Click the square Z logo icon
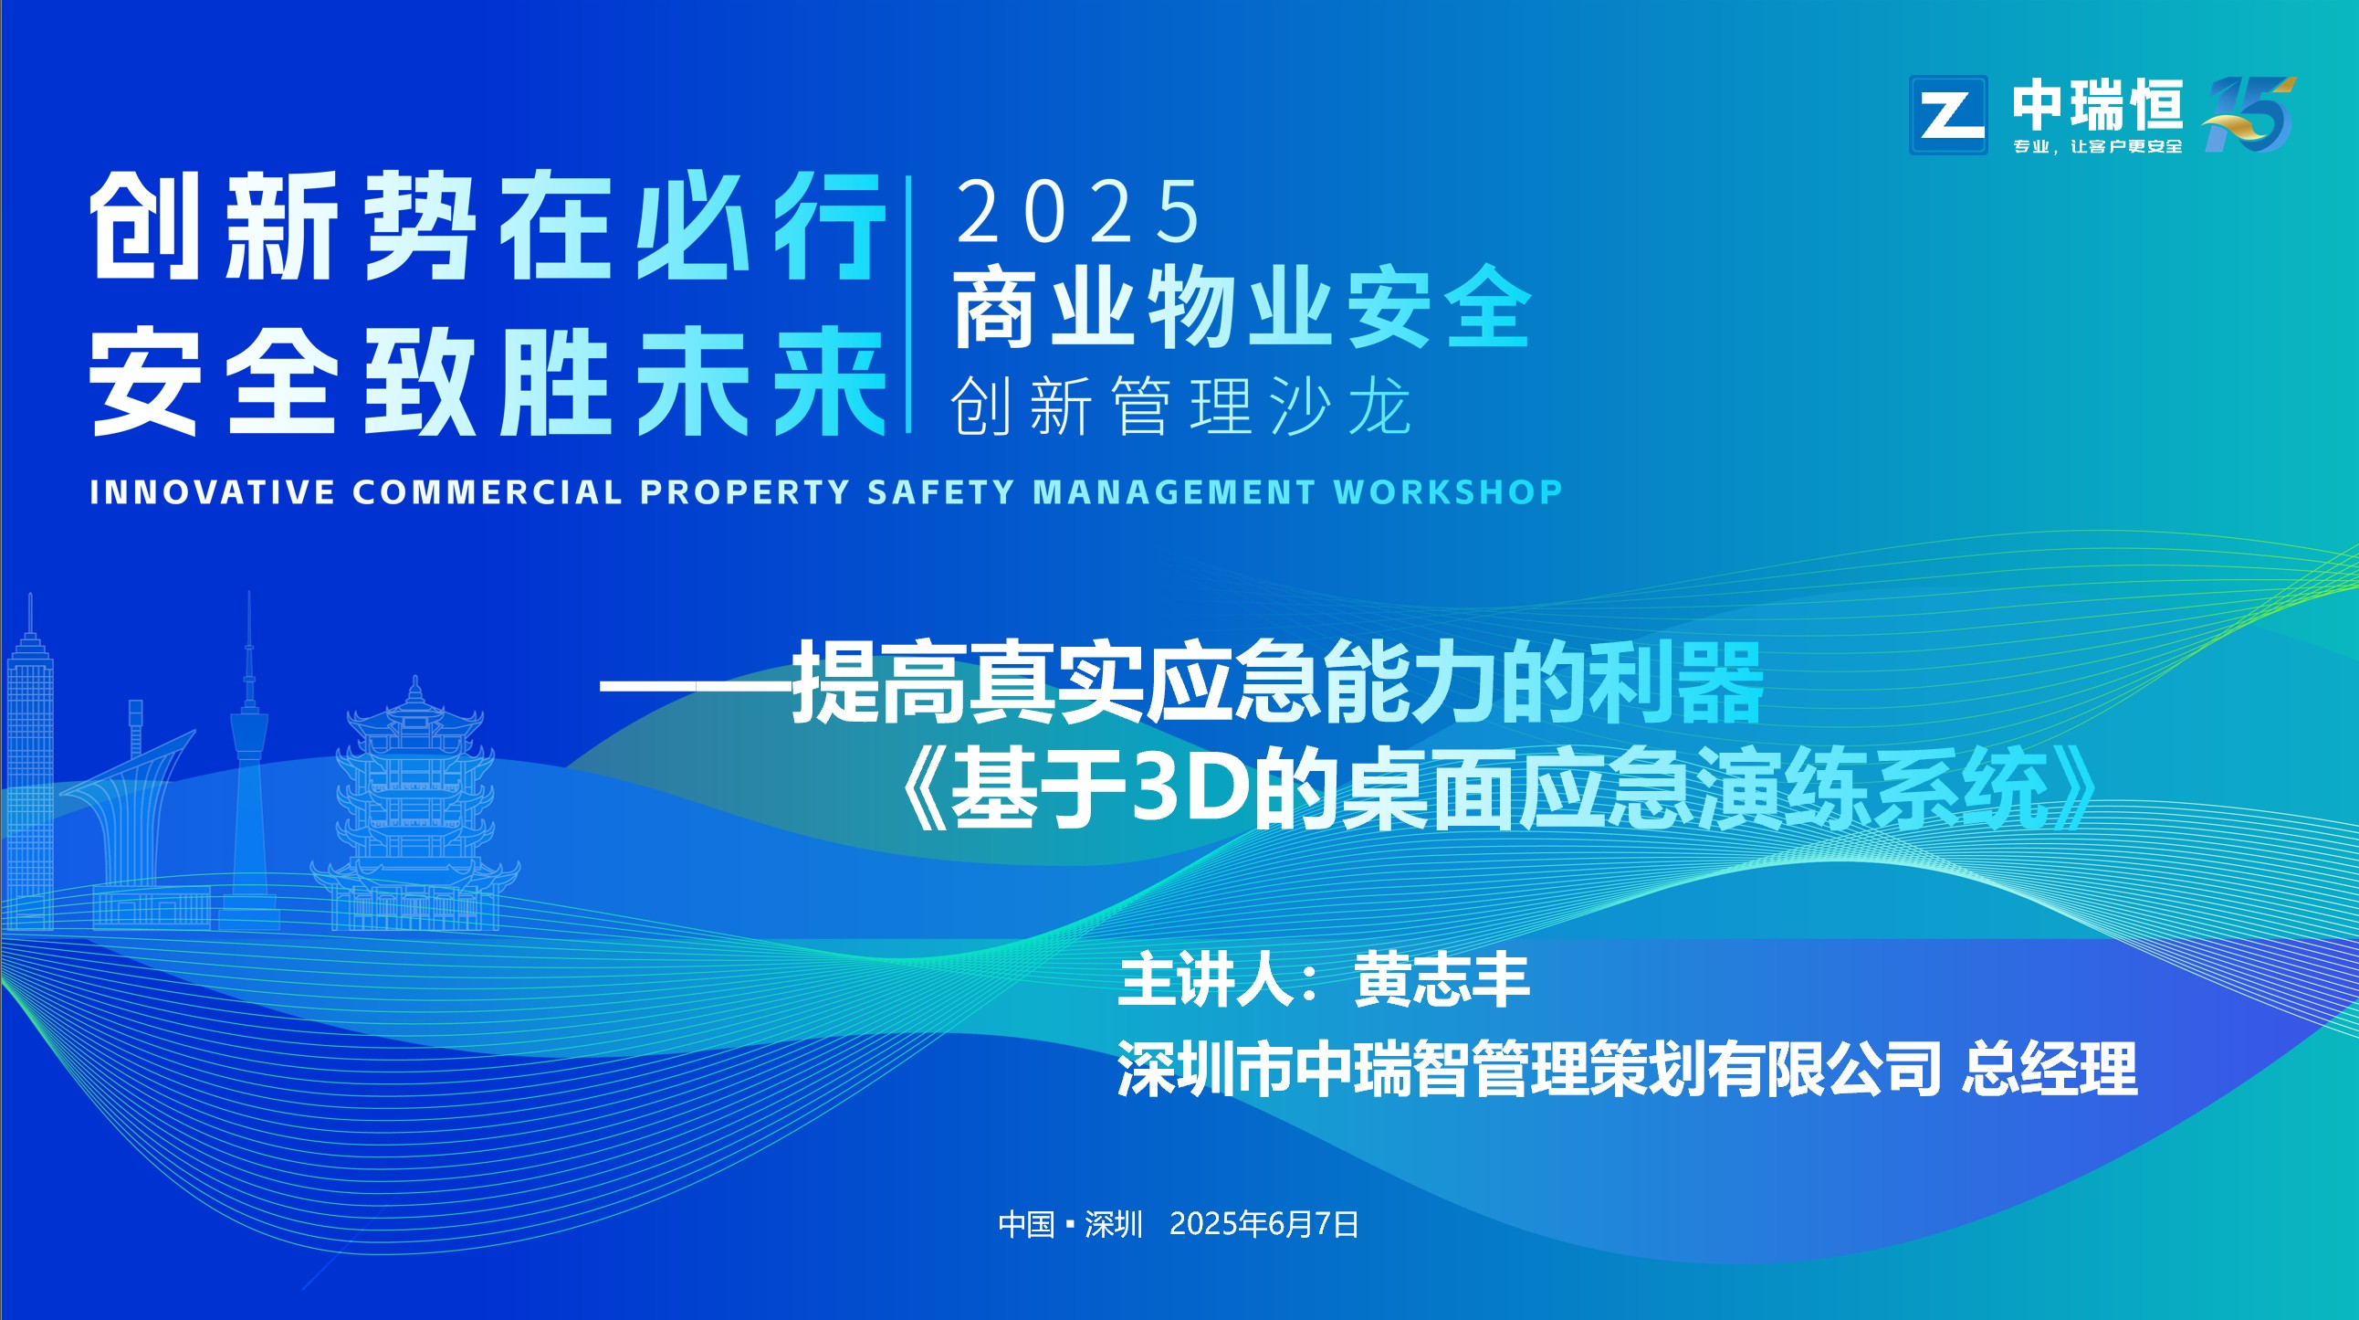1948,114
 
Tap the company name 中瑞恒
2098,104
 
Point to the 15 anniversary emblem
2249,113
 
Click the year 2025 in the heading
1078,212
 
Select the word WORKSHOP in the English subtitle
1448,491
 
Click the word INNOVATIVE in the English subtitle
213,491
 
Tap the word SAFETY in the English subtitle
941,491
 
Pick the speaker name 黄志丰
1442,980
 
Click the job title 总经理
2050,1068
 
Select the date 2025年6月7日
1263,1224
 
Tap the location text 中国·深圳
1071,1224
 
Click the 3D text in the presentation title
1190,787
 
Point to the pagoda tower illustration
415,806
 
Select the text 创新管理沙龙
1181,406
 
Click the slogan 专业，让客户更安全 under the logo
2098,146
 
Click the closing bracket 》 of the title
2071,787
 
